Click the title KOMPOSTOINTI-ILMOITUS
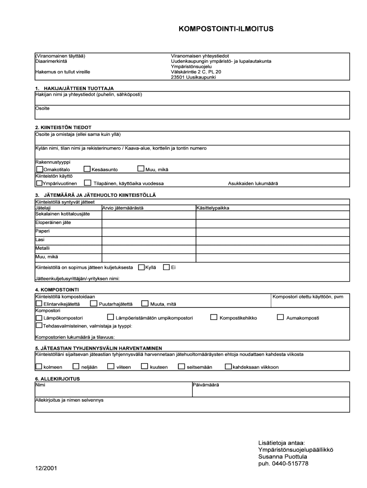click(226, 29)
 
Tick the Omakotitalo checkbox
click(39, 169)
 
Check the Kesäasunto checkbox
click(87, 169)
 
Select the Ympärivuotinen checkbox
click(39, 183)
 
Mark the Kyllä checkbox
click(141, 267)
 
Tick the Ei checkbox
click(166, 267)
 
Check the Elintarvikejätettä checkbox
click(39, 304)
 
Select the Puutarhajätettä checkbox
click(94, 304)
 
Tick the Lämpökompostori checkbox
click(39, 317)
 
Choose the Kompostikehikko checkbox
click(214, 317)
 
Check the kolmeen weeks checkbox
click(39, 366)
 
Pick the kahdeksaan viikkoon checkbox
click(228, 366)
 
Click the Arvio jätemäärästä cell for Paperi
click(148, 231)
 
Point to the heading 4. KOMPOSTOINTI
click(57, 289)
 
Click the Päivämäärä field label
click(206, 385)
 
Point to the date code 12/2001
click(45, 468)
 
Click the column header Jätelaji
click(43, 208)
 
